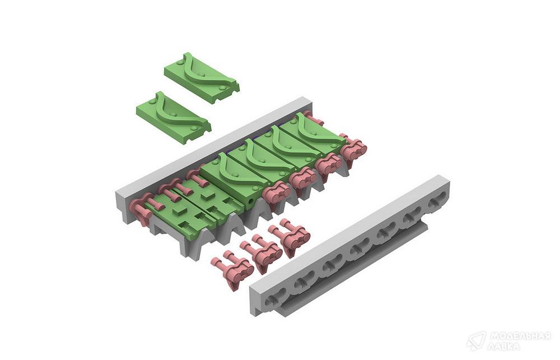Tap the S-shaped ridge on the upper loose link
coord(209,73)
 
